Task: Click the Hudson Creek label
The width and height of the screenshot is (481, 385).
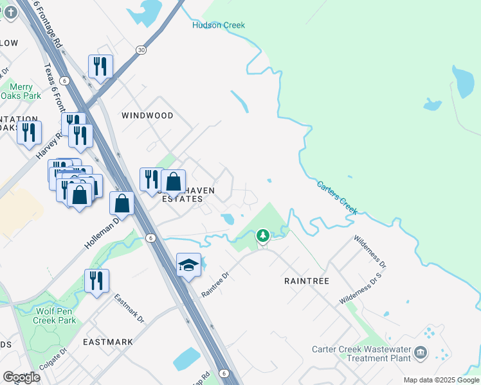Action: [219, 25]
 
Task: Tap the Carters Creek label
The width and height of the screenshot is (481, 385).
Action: [337, 197]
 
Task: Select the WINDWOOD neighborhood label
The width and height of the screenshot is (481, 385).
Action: [147, 116]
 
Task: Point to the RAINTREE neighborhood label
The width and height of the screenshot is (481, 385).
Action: [307, 281]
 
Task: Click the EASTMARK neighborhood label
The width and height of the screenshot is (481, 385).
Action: [108, 342]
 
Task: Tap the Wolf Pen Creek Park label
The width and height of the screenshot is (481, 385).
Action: [55, 316]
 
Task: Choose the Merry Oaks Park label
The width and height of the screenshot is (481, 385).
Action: [21, 91]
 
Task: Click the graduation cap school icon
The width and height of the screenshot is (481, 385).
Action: [188, 265]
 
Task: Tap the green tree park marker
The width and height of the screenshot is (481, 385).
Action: [262, 236]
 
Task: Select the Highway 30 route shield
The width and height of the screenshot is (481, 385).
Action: [141, 50]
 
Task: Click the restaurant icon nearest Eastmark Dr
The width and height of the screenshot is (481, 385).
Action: [96, 280]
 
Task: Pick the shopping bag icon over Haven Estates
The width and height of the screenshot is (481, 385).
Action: [174, 182]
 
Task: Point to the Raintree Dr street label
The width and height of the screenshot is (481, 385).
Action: [215, 282]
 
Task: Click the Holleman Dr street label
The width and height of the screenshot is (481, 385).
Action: [102, 233]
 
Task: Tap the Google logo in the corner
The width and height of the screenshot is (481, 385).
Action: [21, 377]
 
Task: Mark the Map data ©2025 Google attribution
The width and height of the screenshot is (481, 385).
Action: [441, 380]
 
